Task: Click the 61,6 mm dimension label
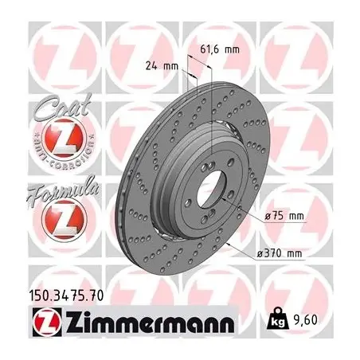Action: click(220, 49)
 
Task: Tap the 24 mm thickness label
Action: click(162, 66)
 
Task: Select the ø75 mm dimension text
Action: click(284, 216)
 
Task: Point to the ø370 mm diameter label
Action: click(280, 253)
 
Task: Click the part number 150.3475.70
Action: click(65, 295)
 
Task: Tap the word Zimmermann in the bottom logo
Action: click(150, 321)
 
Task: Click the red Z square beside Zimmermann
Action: click(48, 322)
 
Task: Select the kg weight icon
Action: click(278, 319)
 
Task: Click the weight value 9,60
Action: click(306, 320)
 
